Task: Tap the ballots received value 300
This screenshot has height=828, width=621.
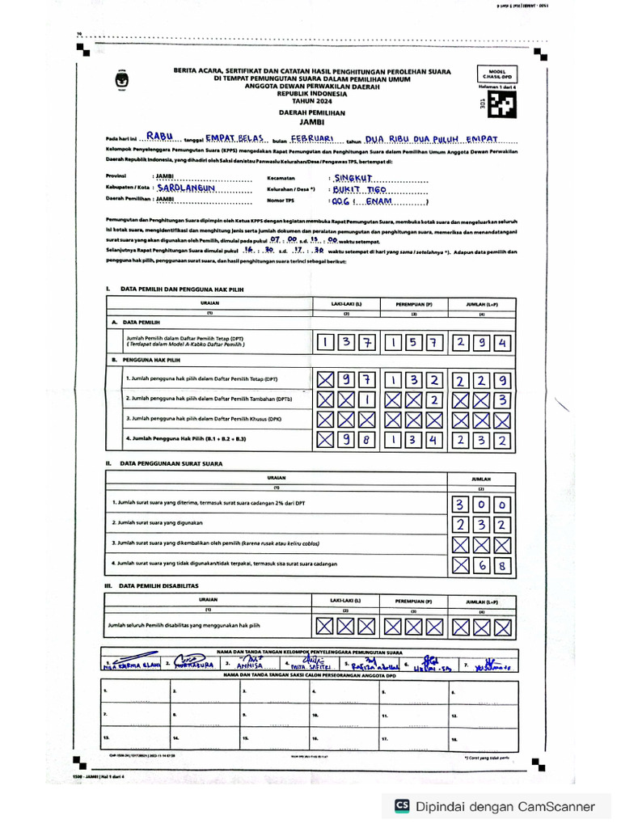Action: (x=481, y=505)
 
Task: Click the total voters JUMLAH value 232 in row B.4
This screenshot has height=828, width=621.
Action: (x=481, y=440)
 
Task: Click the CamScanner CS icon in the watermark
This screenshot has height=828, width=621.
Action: (x=402, y=805)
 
